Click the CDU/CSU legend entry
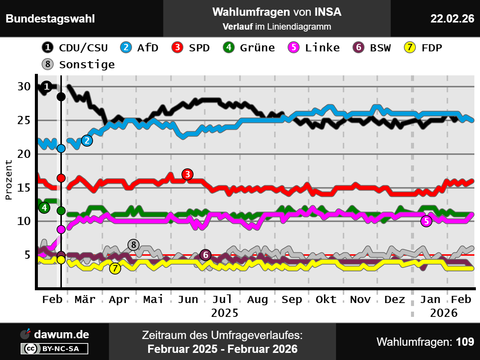click(75, 48)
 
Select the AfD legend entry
click(139, 48)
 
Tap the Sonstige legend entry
click(79, 64)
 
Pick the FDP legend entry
click(423, 48)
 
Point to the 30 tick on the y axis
click(24, 87)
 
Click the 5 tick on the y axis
click(27, 255)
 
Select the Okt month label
click(326, 299)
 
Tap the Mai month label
click(153, 299)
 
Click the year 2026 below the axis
click(444, 313)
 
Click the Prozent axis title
click(9, 180)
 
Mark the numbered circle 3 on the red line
click(187, 174)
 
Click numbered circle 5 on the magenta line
click(426, 221)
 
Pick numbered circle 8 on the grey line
click(133, 245)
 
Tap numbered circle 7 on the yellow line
click(115, 268)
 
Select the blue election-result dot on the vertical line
click(61, 148)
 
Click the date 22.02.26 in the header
click(452, 18)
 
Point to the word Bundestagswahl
click(50, 18)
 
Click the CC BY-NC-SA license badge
click(55, 349)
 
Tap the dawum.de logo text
click(61, 334)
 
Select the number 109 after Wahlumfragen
click(465, 342)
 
